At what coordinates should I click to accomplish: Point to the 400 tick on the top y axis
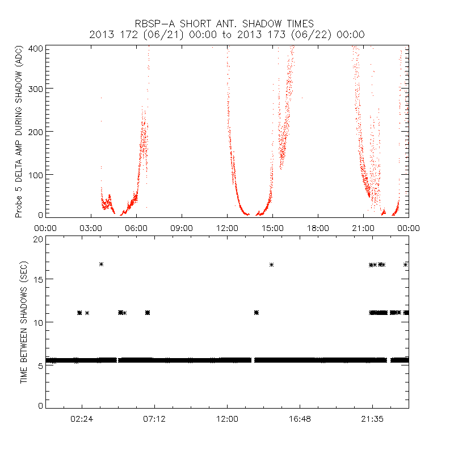pyautogui.click(x=35, y=48)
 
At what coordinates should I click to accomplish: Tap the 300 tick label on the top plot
pyautogui.click(x=35, y=89)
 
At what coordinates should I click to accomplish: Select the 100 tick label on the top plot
pyautogui.click(x=35, y=174)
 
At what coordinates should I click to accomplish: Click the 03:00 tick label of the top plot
pyautogui.click(x=91, y=228)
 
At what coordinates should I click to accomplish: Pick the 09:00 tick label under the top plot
pyautogui.click(x=182, y=228)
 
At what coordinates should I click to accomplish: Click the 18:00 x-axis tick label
pyautogui.click(x=318, y=228)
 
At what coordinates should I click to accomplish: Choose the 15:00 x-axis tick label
pyautogui.click(x=272, y=228)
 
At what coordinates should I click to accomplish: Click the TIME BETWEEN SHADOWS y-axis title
pyautogui.click(x=24, y=322)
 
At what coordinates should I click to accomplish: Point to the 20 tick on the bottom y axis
pyautogui.click(x=37, y=239)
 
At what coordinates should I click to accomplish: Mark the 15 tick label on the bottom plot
pyautogui.click(x=37, y=279)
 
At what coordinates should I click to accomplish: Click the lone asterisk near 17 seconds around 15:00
pyautogui.click(x=272, y=264)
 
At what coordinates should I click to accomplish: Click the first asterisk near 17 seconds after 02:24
pyautogui.click(x=101, y=264)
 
